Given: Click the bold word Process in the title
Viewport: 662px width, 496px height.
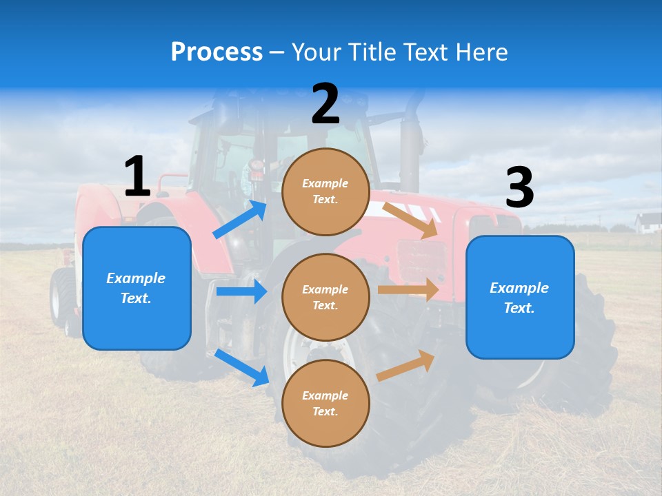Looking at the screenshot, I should click(217, 52).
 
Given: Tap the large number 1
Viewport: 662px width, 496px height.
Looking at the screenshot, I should click(137, 176).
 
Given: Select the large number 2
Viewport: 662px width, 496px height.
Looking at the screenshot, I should click(325, 105).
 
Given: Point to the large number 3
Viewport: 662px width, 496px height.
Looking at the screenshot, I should click(519, 188).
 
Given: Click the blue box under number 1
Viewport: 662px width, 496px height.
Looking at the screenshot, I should click(137, 288).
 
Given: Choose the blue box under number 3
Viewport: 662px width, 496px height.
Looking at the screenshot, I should click(520, 298).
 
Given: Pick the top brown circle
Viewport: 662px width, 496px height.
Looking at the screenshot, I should click(325, 192).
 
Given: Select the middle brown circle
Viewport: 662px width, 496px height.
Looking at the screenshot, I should click(325, 297).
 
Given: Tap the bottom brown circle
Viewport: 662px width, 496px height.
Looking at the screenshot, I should click(325, 403).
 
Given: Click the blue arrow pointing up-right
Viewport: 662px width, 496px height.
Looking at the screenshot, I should click(241, 220).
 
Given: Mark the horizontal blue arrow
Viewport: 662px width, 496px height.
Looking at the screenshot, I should click(241, 291).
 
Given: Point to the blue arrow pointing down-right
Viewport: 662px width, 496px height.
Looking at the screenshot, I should click(242, 367).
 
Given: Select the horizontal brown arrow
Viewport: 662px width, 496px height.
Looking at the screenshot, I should click(408, 290).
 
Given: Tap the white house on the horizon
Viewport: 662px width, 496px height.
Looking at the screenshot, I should click(648, 223).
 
